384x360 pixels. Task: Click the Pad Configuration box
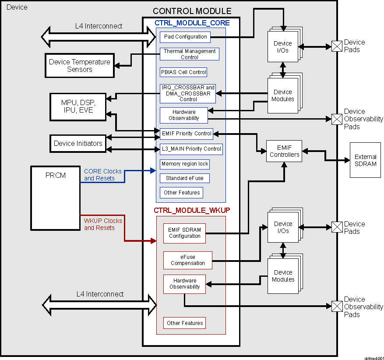point(184,37)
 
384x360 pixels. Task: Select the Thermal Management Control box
point(189,54)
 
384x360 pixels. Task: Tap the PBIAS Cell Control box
point(183,72)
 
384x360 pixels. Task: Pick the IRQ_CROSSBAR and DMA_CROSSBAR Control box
point(188,93)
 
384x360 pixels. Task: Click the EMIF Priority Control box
point(186,134)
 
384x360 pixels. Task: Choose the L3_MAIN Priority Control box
point(191,149)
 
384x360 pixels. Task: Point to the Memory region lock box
point(185,164)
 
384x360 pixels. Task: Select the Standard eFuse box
point(184,178)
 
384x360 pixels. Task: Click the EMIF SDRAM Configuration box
point(184,233)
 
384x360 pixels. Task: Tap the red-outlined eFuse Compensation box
point(187,260)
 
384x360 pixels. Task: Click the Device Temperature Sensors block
point(79,66)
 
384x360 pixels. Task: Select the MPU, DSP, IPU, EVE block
point(78,106)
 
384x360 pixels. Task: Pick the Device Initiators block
point(78,143)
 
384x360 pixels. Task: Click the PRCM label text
point(55,175)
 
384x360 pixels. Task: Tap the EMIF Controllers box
point(284,151)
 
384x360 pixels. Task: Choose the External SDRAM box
point(365,160)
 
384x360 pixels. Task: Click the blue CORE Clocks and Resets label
point(102,175)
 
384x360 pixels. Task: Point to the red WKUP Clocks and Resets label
point(102,224)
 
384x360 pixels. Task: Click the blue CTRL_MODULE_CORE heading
point(192,23)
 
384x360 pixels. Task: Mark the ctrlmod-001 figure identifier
point(373,357)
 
